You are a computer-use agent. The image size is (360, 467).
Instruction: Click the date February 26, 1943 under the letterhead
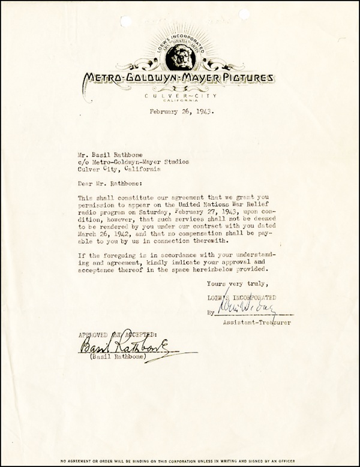pos(179,112)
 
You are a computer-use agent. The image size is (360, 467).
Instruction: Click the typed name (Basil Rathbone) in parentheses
pos(113,356)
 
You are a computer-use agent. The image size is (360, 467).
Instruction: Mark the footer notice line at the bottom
pos(180,460)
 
